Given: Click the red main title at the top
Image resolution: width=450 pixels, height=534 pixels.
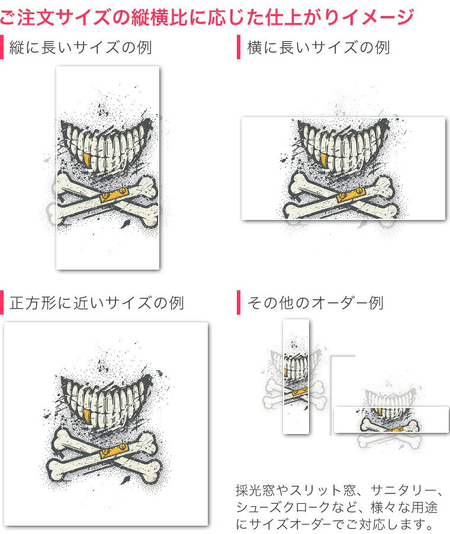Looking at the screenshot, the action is coord(207,17).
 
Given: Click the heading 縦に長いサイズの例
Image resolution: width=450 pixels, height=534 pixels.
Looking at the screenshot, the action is coord(81,47).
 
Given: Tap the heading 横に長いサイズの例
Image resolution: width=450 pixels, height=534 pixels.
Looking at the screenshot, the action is coord(319,47).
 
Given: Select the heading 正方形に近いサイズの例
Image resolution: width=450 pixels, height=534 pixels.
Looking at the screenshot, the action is coord(97,303).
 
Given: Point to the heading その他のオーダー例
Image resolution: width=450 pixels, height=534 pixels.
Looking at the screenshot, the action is coord(316,303).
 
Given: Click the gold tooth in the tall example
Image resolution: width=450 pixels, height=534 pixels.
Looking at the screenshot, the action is coord(88,160).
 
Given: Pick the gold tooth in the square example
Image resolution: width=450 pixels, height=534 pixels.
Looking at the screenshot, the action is coord(88,417).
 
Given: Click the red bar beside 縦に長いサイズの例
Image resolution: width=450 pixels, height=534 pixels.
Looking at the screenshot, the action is coord(2,47).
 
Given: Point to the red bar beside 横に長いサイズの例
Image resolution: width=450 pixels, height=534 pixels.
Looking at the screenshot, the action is coord(239,47).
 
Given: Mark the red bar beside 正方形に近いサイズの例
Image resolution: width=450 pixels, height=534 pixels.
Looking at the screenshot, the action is coord(2,302).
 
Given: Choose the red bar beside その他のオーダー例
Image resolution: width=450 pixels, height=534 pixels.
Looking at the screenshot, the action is coord(239,302).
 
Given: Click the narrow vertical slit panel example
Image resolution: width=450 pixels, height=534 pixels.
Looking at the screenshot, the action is coord(296,376).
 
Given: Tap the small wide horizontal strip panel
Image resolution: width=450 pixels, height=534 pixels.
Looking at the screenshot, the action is coord(391,420).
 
